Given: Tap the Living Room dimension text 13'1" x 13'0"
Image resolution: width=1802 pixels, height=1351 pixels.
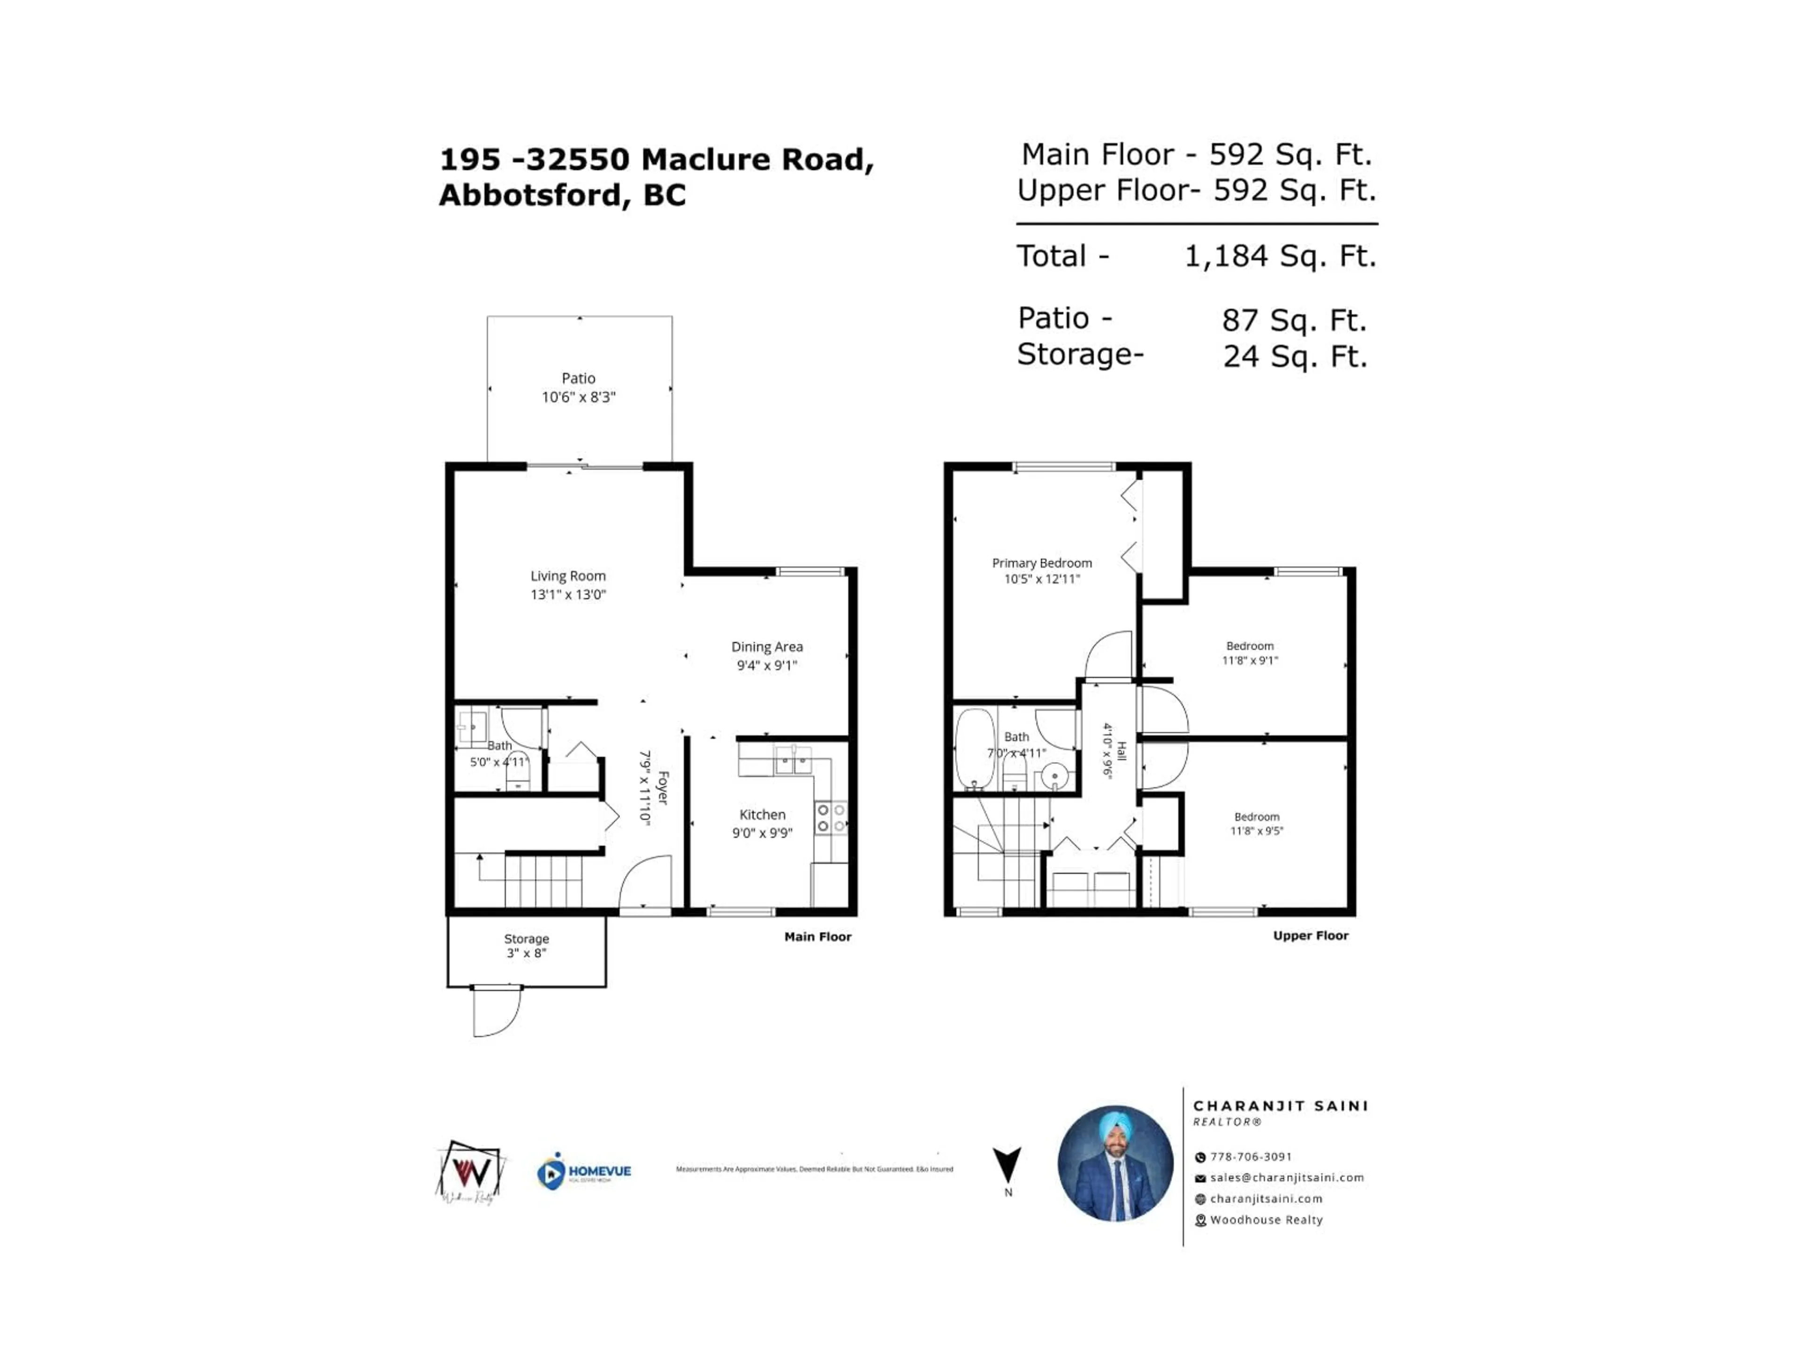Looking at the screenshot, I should point(568,594).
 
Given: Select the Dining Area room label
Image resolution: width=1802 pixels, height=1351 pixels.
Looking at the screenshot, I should point(767,646).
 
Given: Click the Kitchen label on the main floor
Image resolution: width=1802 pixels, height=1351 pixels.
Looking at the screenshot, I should point(762,814).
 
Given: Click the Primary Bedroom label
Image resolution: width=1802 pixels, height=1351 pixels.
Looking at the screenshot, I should point(1041,563).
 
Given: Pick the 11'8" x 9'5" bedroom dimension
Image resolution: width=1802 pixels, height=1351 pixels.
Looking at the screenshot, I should point(1256,831).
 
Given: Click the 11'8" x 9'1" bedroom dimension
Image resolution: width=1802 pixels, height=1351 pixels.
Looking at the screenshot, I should point(1250,660).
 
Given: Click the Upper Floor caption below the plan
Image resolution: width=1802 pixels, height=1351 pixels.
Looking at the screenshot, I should point(1310,936).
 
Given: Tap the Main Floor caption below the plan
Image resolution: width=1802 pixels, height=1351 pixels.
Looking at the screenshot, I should point(817,936).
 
